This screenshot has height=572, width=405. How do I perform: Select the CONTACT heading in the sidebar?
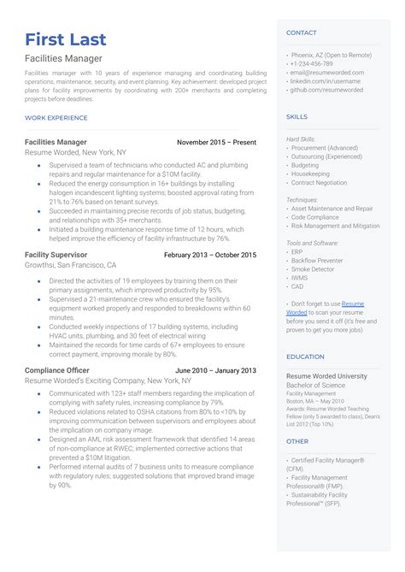[301, 32]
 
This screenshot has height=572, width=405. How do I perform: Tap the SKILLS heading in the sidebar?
[296, 116]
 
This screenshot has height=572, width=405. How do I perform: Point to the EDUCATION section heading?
[305, 357]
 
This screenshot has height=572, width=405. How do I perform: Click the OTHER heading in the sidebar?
[296, 441]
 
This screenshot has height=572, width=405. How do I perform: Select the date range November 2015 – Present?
[216, 142]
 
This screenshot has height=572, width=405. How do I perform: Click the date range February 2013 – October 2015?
[209, 255]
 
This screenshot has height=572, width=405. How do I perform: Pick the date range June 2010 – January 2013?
[214, 370]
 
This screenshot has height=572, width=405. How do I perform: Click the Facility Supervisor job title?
[56, 255]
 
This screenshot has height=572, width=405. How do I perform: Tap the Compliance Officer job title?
[57, 370]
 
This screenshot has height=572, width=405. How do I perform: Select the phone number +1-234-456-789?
[312, 63]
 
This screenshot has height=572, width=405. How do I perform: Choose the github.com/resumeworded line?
[326, 89]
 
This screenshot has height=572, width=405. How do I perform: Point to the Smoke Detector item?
[313, 268]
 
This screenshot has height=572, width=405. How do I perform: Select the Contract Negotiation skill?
[320, 182]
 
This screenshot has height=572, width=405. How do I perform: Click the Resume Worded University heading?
[326, 375]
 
